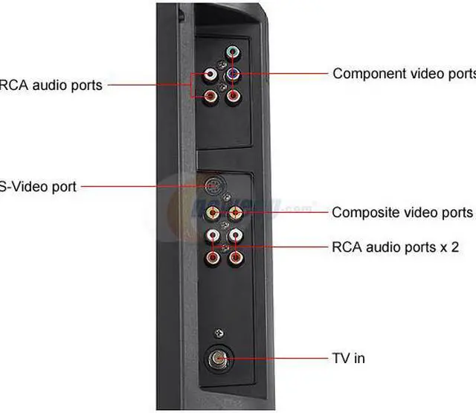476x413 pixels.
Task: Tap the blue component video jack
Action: coord(233,74)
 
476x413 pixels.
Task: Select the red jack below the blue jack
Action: coord(233,95)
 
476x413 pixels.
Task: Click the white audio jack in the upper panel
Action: coord(210,75)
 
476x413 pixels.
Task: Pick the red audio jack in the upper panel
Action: coord(210,95)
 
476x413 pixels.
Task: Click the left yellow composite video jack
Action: coord(213,213)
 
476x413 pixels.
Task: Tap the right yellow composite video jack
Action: coord(235,213)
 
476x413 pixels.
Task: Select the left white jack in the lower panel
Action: coord(213,237)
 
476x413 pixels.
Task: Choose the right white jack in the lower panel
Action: coord(235,237)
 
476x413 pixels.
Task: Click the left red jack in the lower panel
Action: coord(213,259)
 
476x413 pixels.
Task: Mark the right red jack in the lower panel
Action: coord(235,259)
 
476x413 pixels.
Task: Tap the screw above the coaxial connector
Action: coord(217,333)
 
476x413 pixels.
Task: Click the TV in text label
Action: coord(348,358)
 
